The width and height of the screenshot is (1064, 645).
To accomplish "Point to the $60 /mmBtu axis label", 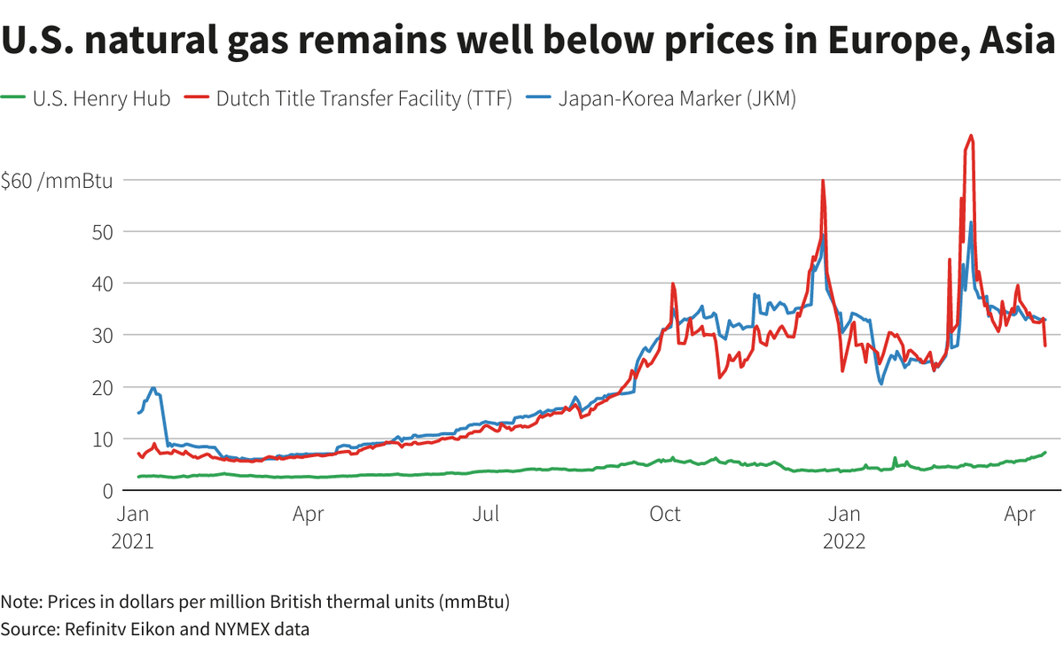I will point(57,180).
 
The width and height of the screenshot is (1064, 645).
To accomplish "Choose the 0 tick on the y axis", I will point(106,490).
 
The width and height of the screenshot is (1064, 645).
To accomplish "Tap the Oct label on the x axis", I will point(665,514).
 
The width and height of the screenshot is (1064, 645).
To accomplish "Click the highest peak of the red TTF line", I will point(972,136).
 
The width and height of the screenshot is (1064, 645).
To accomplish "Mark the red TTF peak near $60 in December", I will point(823,181).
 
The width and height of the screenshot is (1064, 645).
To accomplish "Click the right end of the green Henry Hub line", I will point(1046,453).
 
